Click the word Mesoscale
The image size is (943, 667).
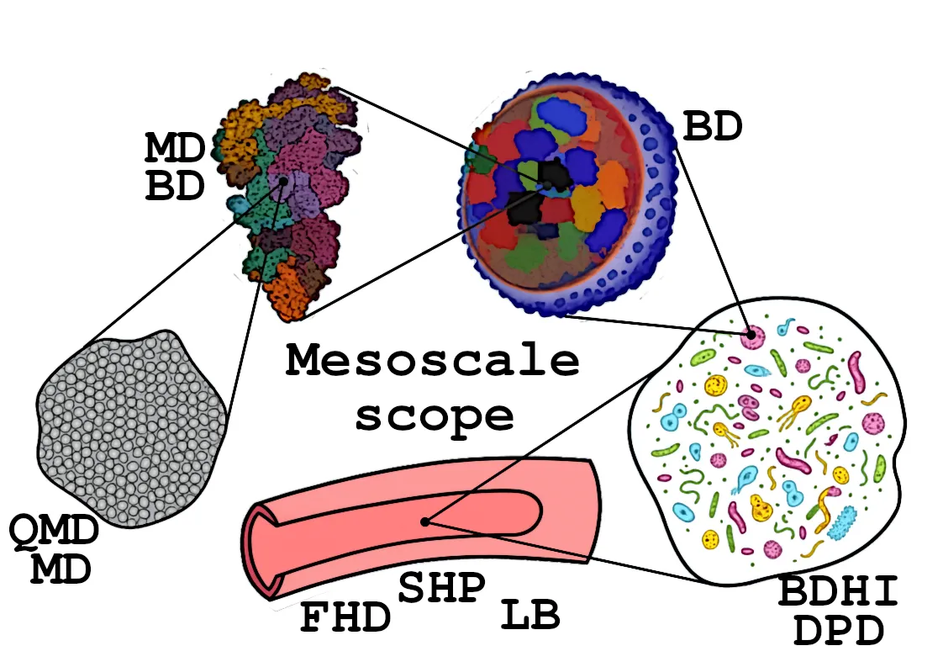coord(432,362)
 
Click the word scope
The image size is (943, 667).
coord(434,415)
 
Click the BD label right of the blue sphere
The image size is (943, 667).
coord(713,128)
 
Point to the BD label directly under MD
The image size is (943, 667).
coord(175,187)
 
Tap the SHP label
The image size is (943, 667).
coord(442,588)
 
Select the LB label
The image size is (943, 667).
coord(530,616)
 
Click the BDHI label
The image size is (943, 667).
coord(837,591)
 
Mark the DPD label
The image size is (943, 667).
coord(838,630)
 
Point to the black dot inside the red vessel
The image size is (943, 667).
coord(426,521)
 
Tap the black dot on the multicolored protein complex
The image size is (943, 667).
coord(284,180)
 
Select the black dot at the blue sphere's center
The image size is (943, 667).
coord(547,184)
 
